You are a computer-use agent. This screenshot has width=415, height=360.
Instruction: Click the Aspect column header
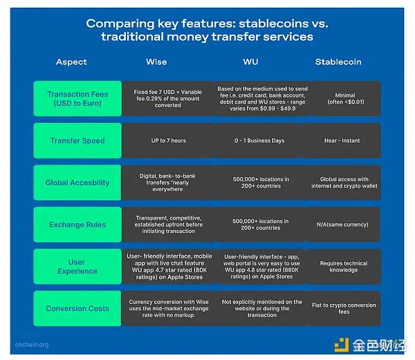[x=71, y=62]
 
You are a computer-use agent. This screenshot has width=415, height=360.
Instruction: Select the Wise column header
[x=156, y=62]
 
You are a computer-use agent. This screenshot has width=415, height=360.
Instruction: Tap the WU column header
[x=250, y=62]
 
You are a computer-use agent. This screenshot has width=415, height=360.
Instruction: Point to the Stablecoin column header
[x=338, y=62]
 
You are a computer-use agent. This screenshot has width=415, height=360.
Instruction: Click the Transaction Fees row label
[x=77, y=99]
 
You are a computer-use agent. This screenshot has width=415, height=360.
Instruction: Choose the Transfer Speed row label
[x=77, y=141]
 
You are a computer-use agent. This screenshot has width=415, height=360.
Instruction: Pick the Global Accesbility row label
[x=77, y=182]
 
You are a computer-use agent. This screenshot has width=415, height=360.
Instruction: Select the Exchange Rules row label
[x=77, y=225]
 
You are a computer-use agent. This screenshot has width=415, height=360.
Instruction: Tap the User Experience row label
[x=77, y=267]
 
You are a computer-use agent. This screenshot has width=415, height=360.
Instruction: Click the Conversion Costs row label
[x=77, y=308]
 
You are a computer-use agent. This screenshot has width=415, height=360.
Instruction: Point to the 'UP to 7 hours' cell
[x=169, y=141]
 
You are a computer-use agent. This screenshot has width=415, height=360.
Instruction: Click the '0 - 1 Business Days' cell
[x=259, y=141]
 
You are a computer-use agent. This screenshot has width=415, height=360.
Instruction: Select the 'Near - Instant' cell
[x=342, y=141]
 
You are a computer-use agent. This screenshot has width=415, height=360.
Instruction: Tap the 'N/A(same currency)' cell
[x=342, y=225]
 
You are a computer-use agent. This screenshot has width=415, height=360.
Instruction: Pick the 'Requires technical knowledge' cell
[x=344, y=267]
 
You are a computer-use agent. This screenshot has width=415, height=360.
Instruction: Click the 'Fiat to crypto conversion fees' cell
[x=344, y=308]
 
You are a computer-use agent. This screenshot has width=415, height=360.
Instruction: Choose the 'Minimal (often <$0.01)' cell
[x=346, y=99]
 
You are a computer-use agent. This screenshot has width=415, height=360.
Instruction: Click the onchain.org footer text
[x=32, y=345]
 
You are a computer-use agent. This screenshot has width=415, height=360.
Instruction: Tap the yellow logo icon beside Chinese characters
[x=342, y=345]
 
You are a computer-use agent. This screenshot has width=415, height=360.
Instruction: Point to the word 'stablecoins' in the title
[x=273, y=23]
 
